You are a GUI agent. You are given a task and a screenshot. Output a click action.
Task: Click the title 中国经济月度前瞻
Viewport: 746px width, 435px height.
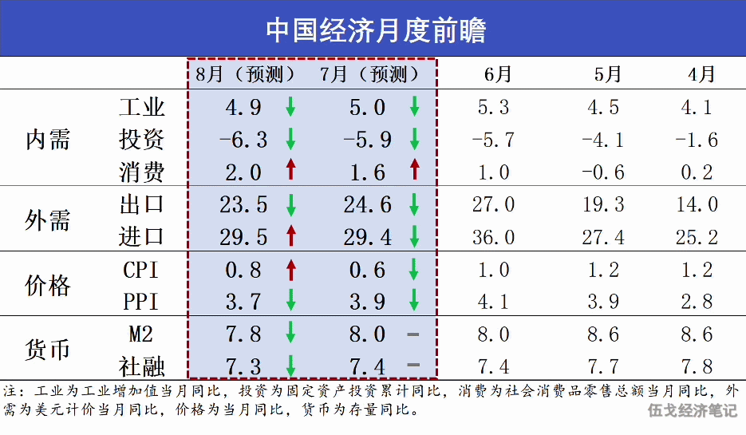376,30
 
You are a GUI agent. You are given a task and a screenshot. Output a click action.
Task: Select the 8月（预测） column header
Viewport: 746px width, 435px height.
245,74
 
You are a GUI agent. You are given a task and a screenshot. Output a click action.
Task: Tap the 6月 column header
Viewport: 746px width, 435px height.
498,74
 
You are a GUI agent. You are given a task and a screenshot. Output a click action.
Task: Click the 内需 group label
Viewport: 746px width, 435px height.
48,140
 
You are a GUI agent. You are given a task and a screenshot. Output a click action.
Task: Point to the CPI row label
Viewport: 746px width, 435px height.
140,270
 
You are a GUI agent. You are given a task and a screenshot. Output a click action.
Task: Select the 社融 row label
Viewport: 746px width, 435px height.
141,367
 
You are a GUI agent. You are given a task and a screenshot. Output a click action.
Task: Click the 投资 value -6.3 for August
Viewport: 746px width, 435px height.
243,140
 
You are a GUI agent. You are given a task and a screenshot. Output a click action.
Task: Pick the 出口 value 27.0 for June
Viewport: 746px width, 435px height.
493,204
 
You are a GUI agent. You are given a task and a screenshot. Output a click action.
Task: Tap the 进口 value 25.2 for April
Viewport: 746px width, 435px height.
697,237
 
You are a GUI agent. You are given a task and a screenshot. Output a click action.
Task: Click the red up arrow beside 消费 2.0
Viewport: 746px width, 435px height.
290,169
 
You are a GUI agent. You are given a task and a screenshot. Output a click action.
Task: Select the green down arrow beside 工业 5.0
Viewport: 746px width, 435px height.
414,106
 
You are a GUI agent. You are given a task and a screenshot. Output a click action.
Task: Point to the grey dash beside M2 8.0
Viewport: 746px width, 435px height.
413,334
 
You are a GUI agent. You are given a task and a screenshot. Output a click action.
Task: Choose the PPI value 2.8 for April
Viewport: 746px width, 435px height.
697,302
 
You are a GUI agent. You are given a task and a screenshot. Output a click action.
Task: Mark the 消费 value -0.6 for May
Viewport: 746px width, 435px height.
603,172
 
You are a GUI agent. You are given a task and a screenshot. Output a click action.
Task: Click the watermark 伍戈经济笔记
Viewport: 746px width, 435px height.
693,410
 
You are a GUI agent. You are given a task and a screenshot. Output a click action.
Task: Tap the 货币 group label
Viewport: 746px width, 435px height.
48,350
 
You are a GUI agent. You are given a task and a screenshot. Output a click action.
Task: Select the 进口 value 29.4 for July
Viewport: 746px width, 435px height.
367,237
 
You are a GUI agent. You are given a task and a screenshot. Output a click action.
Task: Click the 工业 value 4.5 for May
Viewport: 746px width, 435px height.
603,107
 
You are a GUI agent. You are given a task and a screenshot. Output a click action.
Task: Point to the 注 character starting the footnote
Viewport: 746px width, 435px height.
10,391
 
